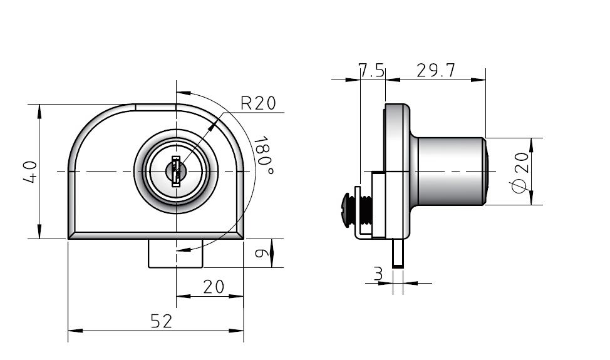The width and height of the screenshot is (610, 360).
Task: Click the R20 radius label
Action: [x=258, y=103]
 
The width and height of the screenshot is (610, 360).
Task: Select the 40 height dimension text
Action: [x=30, y=172]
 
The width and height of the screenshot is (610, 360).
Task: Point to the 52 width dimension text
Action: [x=161, y=321]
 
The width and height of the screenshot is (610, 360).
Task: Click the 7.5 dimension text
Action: [x=372, y=71]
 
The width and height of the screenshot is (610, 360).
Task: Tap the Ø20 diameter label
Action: [x=520, y=172]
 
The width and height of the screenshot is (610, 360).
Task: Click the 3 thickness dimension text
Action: [x=378, y=274]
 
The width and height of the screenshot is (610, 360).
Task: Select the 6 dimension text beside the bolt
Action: [x=261, y=253]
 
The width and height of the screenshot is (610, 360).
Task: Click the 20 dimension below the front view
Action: [x=214, y=287]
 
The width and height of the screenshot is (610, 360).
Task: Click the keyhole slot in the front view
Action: [x=176, y=172]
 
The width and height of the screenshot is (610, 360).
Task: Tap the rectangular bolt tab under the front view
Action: [x=176, y=253]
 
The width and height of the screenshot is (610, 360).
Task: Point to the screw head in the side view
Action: [x=347, y=206]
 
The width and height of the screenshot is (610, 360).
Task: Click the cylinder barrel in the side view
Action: [x=450, y=171]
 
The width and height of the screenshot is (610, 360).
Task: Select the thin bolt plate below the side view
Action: [x=398, y=253]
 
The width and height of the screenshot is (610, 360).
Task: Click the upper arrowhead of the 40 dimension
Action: [x=39, y=111]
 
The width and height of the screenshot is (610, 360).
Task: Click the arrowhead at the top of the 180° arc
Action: [x=184, y=93]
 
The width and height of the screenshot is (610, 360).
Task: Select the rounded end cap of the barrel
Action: [x=485, y=171]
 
